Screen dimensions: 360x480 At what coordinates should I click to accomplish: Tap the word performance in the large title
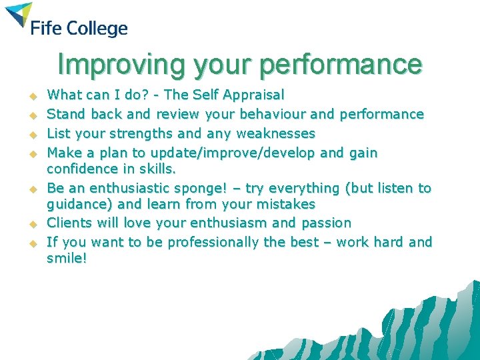[341, 65]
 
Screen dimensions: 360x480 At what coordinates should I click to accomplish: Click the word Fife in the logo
[46, 29]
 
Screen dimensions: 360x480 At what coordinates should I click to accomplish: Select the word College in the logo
[96, 29]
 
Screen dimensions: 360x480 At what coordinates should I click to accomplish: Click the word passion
[325, 223]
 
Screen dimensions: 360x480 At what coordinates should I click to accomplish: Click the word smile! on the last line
[67, 258]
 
